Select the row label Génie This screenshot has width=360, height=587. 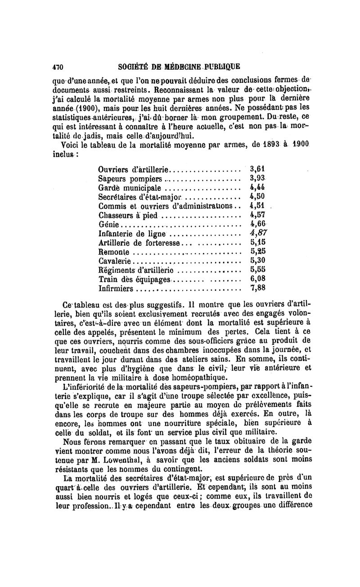click(x=108, y=224)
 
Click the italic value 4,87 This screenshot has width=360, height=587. click(x=258, y=233)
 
